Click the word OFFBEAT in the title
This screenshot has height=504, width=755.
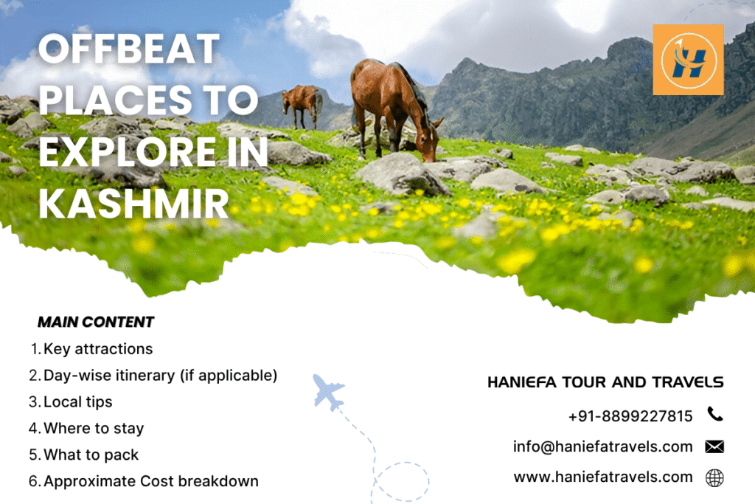coord(129,50)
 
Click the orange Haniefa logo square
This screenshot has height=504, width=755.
coord(688,60)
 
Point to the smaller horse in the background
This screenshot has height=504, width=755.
coord(302,103)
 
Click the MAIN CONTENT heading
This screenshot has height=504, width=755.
coord(95,322)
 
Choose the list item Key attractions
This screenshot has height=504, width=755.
coord(98,348)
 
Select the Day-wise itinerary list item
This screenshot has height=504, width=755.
coord(160,375)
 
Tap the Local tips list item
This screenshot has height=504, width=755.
coord(77,401)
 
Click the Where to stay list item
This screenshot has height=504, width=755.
coord(94,428)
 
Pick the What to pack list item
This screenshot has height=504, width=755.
coord(91,455)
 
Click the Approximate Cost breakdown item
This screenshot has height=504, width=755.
coord(150,481)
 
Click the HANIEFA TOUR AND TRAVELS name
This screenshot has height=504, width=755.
coord(605,382)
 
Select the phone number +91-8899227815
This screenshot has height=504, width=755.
coord(630,416)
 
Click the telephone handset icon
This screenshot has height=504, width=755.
coord(714,414)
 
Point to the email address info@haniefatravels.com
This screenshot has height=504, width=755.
coord(602,446)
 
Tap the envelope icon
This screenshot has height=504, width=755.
coord(714,446)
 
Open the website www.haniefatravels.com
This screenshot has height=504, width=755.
coord(603,477)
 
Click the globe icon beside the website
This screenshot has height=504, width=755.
coord(714,478)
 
